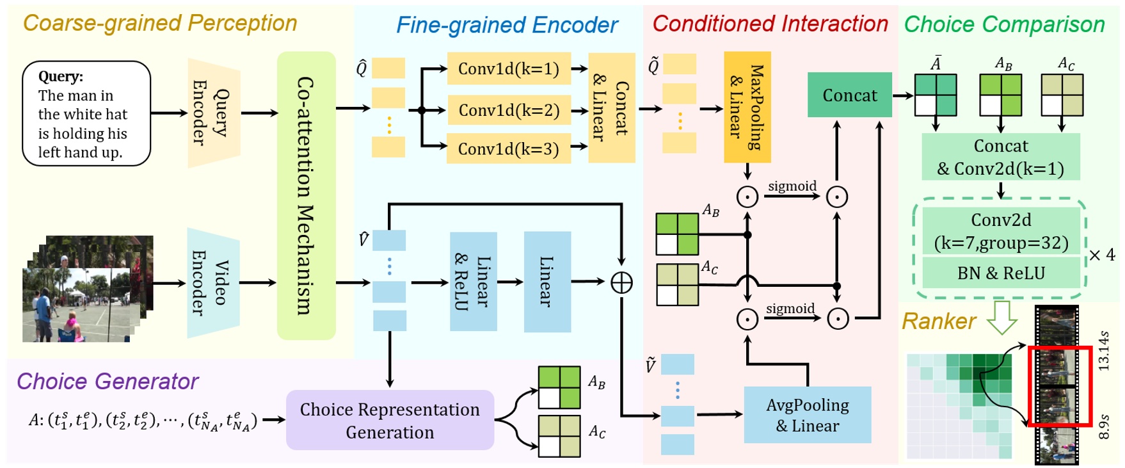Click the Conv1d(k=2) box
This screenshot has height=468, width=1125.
point(509,110)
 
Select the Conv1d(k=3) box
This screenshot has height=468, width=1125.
point(509,149)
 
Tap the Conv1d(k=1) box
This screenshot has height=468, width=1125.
point(509,69)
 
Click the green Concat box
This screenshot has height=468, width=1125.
point(849,95)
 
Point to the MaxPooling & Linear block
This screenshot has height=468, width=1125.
point(747,107)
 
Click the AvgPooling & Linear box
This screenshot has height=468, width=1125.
point(807,415)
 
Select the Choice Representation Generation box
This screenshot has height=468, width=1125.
point(390,420)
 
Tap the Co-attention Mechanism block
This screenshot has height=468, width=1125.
point(306,195)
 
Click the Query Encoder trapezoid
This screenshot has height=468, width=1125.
point(213,113)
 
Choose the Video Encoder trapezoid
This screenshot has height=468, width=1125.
point(212,282)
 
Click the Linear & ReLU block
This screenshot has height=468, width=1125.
point(473,282)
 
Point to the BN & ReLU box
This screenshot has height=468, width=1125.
point(1000,273)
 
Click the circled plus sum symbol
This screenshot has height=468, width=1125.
point(621,282)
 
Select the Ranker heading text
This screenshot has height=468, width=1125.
point(938,321)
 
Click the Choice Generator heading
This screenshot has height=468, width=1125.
point(108,381)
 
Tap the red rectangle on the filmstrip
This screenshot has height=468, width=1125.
point(1059,386)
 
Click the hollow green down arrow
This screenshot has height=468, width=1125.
point(1001,318)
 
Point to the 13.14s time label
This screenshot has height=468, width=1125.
point(1103,350)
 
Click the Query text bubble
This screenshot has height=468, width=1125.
point(86,113)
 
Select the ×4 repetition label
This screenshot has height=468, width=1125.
point(1102,255)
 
